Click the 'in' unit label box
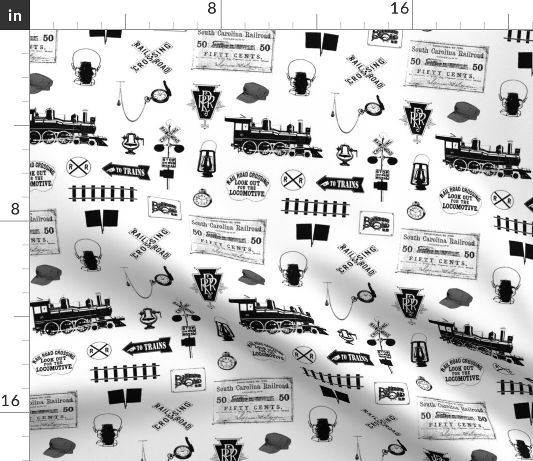tap(15, 15)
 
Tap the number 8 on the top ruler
tap(212, 8)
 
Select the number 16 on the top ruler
tap(399, 8)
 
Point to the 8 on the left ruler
tap(15, 209)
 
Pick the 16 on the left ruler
tap(11, 400)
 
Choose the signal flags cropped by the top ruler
tap(106, 34)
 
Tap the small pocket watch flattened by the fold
tap(423, 384)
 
